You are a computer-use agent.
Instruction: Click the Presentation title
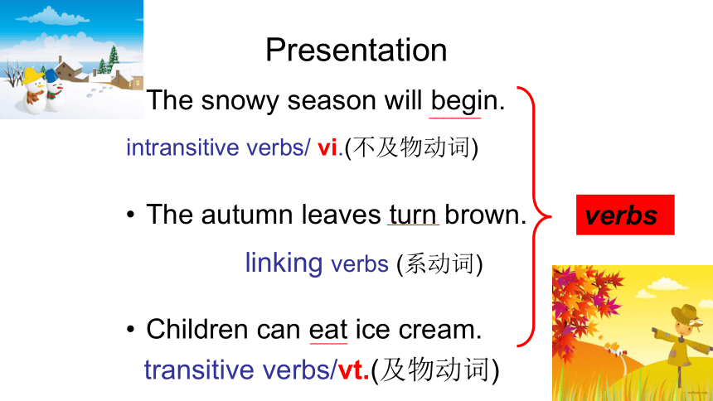pos(356,50)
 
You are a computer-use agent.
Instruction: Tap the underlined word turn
pos(413,215)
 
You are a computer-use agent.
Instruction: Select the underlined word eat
pos(328,329)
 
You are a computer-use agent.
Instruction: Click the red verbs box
pos(625,215)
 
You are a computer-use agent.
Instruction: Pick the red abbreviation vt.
pos(353,370)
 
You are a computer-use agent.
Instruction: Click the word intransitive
pos(182,147)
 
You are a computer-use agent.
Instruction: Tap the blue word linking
pos(284,263)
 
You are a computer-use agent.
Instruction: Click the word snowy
pos(240,101)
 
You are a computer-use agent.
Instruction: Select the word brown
pos(485,215)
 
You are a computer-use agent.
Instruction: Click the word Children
pos(198,329)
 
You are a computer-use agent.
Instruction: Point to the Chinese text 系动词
pos(439,263)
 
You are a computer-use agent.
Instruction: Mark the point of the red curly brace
pos(551,216)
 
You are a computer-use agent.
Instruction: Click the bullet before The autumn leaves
pos(131,215)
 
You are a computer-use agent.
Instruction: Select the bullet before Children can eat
pos(131,329)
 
